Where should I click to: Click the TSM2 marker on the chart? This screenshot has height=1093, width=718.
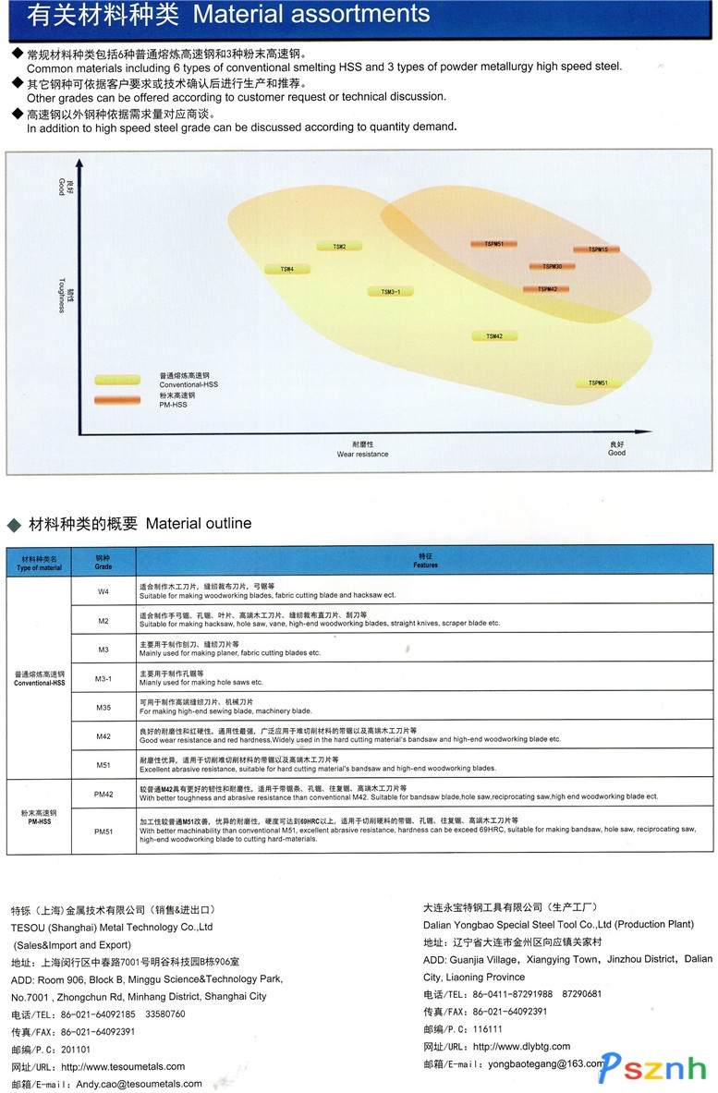[x=339, y=247]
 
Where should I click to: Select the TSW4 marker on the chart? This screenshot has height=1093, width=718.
[x=287, y=269]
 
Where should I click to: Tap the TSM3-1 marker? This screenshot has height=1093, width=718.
[x=390, y=292]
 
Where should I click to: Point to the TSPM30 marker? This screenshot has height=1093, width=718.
[x=552, y=267]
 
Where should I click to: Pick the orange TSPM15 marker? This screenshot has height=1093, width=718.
[x=596, y=249]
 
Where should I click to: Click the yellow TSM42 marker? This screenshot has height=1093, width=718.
[x=494, y=336]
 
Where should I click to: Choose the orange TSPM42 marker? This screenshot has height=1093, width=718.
[x=546, y=289]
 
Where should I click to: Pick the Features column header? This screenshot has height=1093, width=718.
[x=425, y=561]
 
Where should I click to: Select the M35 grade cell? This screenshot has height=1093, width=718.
[x=103, y=708]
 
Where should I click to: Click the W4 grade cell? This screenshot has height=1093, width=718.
[x=103, y=590]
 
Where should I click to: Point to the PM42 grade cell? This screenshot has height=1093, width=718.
[x=103, y=794]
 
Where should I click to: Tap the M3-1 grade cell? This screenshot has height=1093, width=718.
[x=103, y=679]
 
